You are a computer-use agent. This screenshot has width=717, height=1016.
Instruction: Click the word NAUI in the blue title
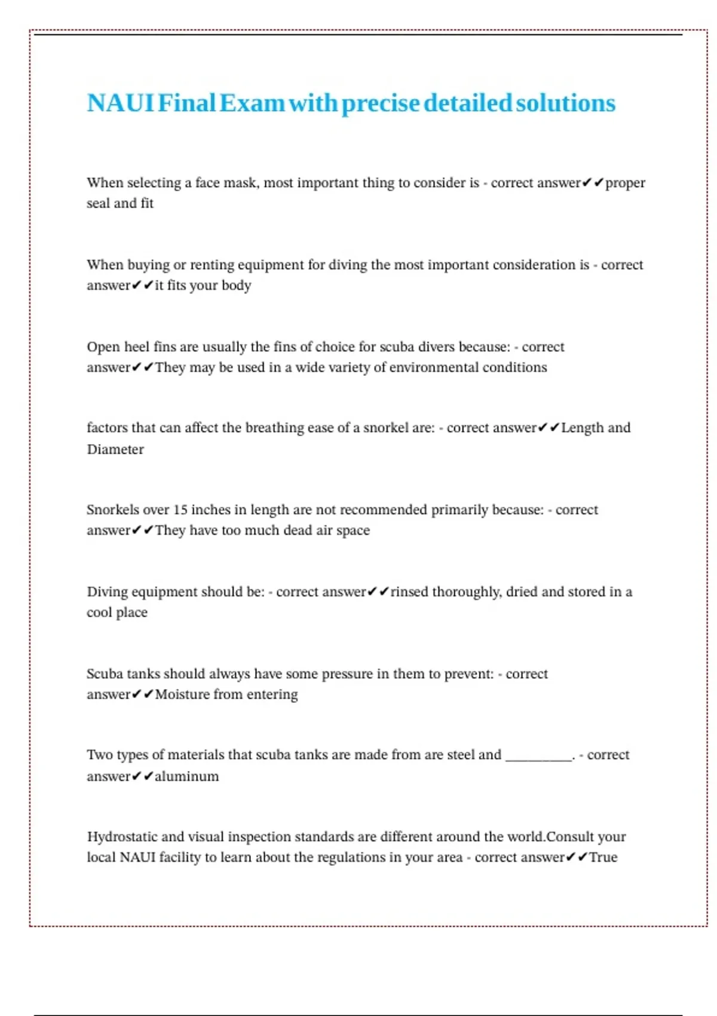click(120, 103)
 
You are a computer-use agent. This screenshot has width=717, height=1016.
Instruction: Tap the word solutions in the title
click(565, 103)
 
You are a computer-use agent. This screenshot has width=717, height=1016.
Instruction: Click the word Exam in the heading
click(252, 103)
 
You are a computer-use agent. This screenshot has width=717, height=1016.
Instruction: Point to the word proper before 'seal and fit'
click(625, 183)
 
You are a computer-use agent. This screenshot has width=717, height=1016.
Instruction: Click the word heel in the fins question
click(136, 347)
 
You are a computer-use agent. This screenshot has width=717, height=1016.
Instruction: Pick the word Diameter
click(115, 449)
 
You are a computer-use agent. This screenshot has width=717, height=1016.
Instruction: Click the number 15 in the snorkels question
click(180, 510)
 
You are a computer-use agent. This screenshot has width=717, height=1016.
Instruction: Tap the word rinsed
click(409, 592)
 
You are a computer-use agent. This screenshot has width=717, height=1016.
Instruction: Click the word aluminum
click(187, 776)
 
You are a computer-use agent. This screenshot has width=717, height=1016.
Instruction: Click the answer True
click(603, 858)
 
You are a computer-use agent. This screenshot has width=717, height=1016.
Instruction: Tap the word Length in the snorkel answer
click(583, 428)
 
